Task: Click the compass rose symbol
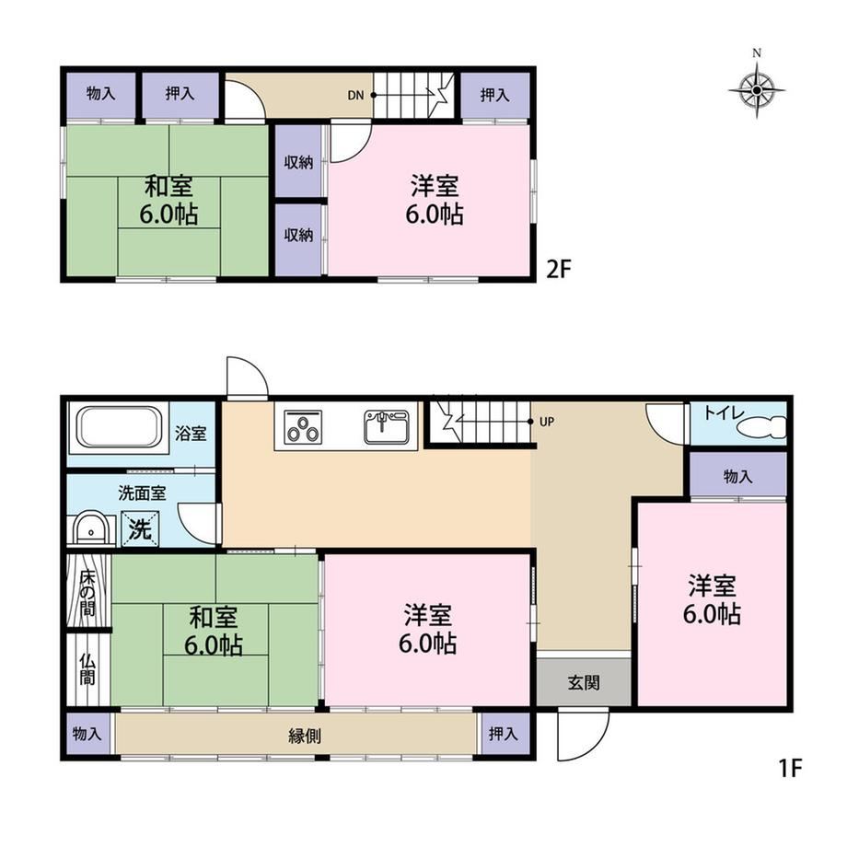[x=757, y=89]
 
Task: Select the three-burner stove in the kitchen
[x=304, y=427]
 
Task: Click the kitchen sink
[x=387, y=427]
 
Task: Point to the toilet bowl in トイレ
[x=762, y=427]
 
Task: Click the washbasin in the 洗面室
[x=91, y=528]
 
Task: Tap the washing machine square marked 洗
[x=140, y=528]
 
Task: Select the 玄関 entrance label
[x=584, y=682]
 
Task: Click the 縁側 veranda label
[x=304, y=736]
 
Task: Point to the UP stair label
[x=547, y=422]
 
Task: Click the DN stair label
[x=355, y=96]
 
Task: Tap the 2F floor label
[x=559, y=269]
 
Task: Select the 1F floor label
[x=790, y=768]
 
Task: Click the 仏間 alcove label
[x=87, y=669]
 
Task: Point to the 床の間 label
[x=87, y=593]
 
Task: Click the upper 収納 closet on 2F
[x=298, y=161]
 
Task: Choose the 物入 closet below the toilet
[x=737, y=474]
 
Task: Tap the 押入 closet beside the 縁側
[x=503, y=734]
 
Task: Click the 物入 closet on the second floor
[x=100, y=94]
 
